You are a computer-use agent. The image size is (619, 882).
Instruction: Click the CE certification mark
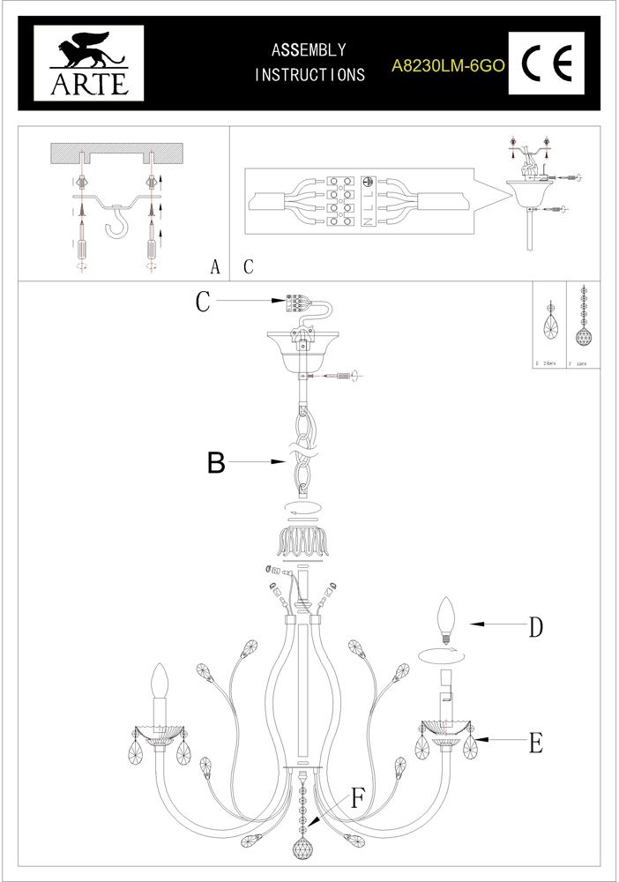tap(548, 64)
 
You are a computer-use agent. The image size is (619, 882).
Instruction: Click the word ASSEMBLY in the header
tap(309, 50)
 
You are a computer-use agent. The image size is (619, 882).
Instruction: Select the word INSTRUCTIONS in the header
tap(309, 76)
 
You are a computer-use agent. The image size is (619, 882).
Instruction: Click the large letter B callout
tap(216, 463)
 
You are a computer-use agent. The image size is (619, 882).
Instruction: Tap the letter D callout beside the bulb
tap(535, 627)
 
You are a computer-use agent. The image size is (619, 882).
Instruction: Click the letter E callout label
tap(535, 744)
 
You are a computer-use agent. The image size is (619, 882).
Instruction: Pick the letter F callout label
tap(357, 799)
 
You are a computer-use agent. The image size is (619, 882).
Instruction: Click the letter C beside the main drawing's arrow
tap(203, 303)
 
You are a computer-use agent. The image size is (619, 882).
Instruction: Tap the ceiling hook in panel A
tap(116, 228)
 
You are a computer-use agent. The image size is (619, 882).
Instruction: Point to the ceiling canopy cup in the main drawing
tap(302, 348)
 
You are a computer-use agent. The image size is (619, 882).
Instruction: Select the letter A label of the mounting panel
tap(215, 267)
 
